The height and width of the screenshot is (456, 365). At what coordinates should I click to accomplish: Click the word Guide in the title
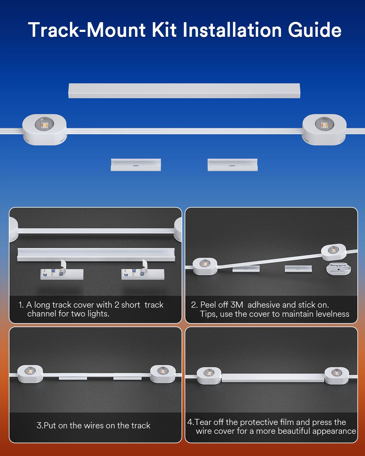(x=315, y=30)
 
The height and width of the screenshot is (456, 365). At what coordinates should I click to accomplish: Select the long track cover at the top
(x=184, y=91)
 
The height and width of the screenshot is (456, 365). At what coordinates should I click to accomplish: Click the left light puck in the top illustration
(x=44, y=130)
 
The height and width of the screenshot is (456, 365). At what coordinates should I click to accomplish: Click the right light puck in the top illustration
(x=324, y=130)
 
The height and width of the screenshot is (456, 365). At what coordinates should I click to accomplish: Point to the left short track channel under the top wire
(x=136, y=165)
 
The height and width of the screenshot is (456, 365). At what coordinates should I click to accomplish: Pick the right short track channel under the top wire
(x=233, y=165)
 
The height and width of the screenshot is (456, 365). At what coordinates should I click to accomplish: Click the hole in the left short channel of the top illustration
(x=136, y=165)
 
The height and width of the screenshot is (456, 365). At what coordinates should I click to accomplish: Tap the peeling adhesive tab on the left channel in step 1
(x=63, y=266)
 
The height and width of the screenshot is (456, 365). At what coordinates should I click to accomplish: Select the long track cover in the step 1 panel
(x=96, y=255)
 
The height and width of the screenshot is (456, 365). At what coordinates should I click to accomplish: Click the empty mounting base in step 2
(x=339, y=269)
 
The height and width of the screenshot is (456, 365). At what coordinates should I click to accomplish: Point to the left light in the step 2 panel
(x=205, y=266)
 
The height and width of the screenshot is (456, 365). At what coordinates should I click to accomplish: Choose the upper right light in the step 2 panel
(x=334, y=252)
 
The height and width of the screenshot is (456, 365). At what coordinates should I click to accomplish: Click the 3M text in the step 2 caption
(x=237, y=305)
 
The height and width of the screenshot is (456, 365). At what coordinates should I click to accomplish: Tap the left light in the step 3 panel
(x=30, y=374)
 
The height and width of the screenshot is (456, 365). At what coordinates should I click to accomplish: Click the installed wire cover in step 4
(x=273, y=378)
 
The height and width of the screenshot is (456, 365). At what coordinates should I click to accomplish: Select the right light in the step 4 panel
(x=337, y=376)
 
